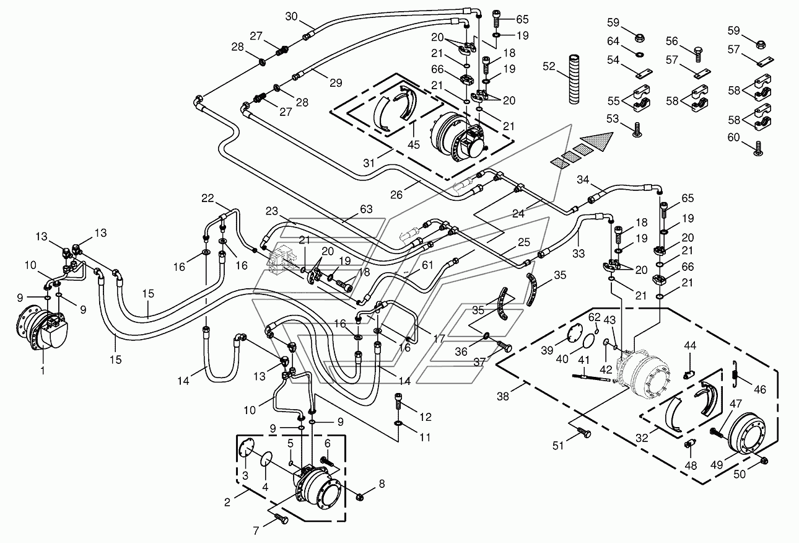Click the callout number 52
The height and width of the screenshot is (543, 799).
coord(549,66)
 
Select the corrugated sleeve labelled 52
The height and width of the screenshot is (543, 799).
coord(574,79)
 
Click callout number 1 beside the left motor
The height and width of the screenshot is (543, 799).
coord(43,371)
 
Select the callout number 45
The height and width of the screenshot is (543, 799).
coord(414,145)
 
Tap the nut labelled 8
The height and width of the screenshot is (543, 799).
coord(359,497)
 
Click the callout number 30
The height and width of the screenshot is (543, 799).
coord(292,16)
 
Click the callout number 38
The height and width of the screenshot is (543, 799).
coord(503,396)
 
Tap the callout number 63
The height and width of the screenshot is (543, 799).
coord(366,209)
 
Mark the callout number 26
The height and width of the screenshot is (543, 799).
coord(396,195)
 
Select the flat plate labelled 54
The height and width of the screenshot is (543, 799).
coord(645,73)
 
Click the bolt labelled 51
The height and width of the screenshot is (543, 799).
coord(583,433)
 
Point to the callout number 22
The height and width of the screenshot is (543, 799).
coord(207,198)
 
